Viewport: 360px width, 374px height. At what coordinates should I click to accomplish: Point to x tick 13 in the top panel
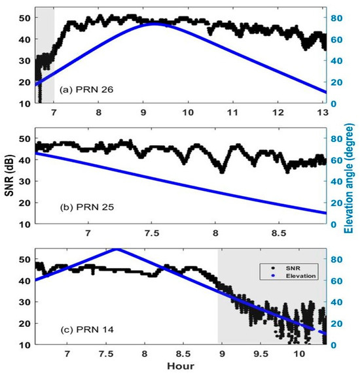(325, 112)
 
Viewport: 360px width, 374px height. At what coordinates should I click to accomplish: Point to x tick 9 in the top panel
(143, 112)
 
